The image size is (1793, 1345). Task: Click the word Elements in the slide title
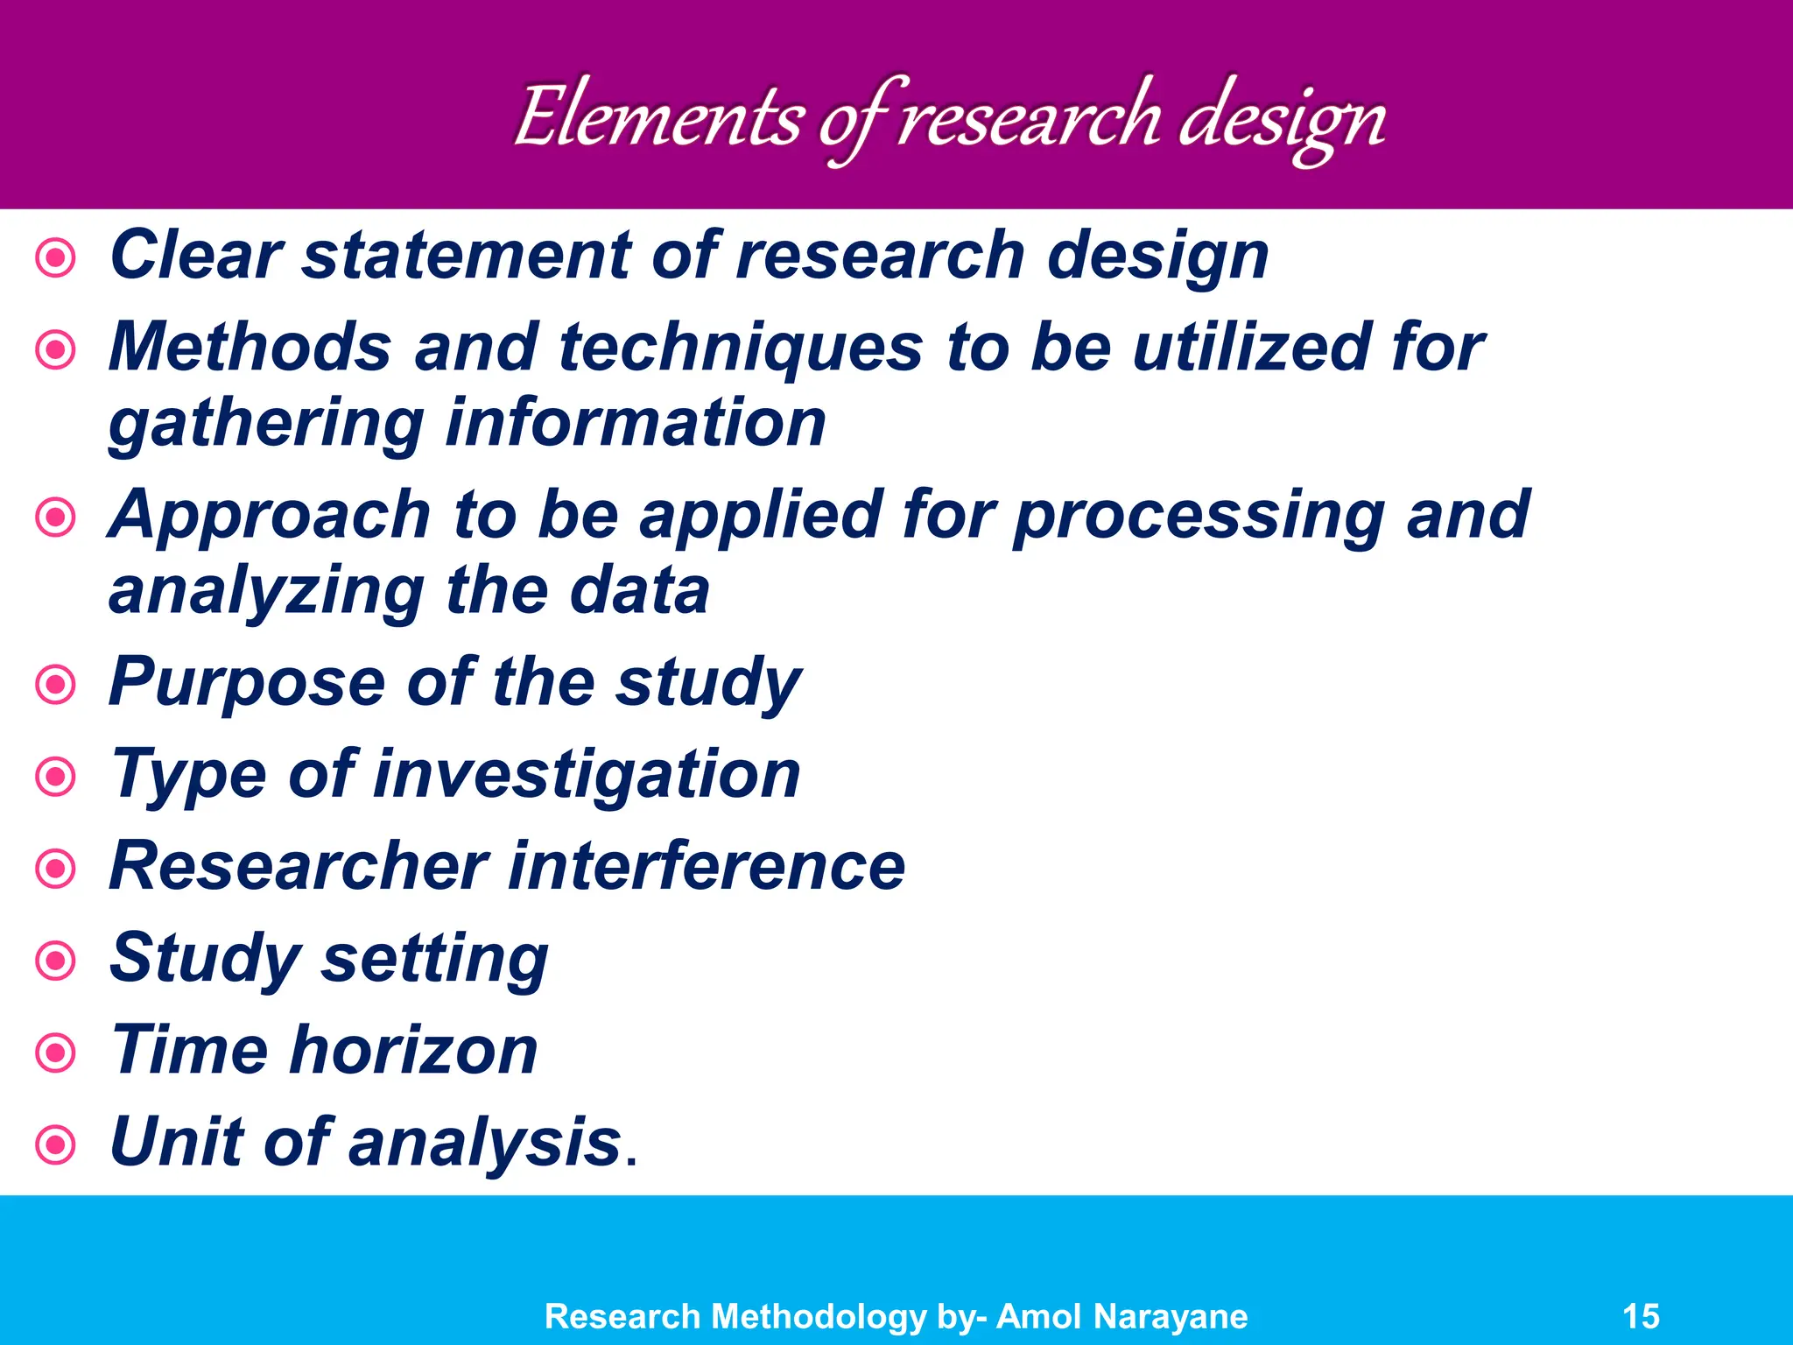point(658,118)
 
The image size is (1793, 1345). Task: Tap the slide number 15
point(1641,1316)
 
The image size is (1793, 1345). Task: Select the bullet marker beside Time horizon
point(56,1052)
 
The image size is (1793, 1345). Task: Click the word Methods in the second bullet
point(250,348)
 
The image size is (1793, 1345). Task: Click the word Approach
point(270,517)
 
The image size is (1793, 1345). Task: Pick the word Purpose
point(247,683)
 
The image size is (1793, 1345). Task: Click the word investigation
point(587,776)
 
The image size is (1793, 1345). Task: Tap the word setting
point(434,960)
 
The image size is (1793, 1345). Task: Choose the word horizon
point(413,1051)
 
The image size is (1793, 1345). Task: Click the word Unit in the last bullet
point(175,1143)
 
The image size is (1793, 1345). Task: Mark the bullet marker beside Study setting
point(56,961)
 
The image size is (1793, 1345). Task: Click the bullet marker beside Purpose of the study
point(56,684)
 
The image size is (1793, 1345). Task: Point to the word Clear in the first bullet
point(196,256)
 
